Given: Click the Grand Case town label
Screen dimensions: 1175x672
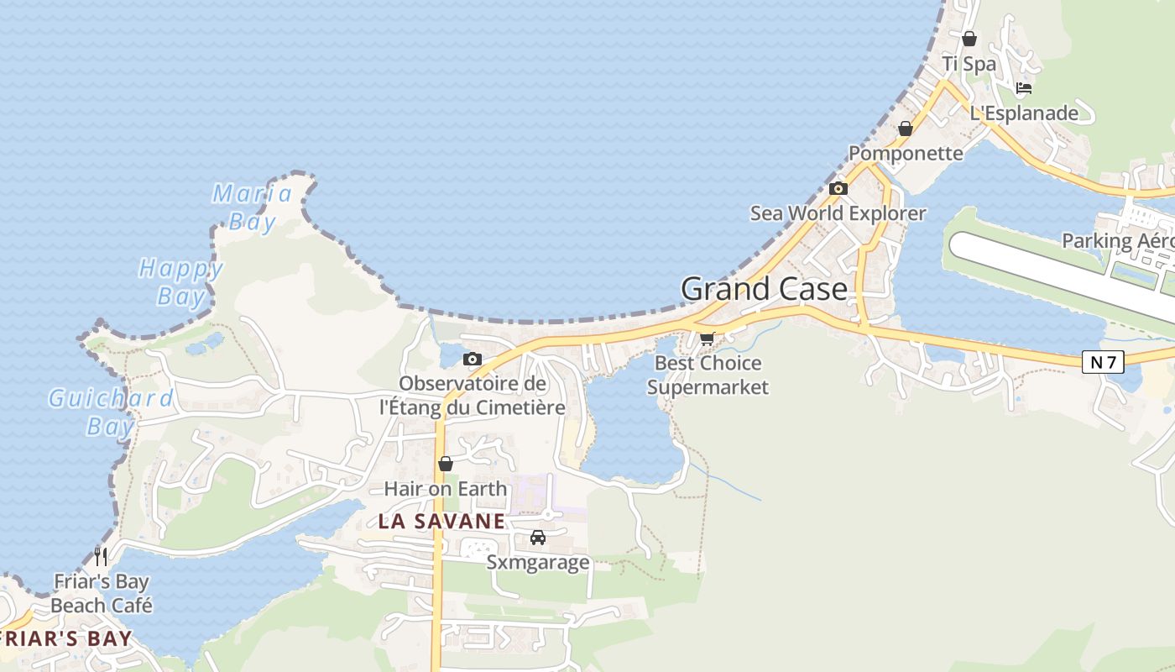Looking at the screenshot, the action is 764,289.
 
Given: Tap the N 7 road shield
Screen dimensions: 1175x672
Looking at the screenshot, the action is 1102,362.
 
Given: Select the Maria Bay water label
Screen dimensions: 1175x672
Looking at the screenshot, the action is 252,207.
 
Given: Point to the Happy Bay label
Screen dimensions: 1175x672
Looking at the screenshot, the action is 180,282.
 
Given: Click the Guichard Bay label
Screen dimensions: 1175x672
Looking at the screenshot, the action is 111,412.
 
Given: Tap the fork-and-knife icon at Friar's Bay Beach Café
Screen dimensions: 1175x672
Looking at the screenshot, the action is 101,556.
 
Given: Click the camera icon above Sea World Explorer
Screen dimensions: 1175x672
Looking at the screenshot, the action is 838,189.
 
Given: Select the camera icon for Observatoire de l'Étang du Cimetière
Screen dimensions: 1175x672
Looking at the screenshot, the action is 473,360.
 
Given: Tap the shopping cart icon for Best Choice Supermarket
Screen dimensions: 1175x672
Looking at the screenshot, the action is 707,339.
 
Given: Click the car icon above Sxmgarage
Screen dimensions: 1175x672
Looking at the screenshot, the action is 538,538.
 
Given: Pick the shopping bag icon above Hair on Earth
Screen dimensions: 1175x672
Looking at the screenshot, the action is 446,464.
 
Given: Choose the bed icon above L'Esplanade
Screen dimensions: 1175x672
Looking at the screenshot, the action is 1023,87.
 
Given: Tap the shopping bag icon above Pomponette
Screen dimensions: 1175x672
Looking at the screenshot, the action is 905,129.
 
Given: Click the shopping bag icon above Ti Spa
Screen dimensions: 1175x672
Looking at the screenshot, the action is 969,39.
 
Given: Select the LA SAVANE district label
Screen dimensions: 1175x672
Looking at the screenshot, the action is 441,521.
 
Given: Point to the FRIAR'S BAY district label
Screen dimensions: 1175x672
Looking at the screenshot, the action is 67,638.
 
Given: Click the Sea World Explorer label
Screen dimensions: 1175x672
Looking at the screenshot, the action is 838,213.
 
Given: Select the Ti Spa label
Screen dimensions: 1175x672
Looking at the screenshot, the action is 969,64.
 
